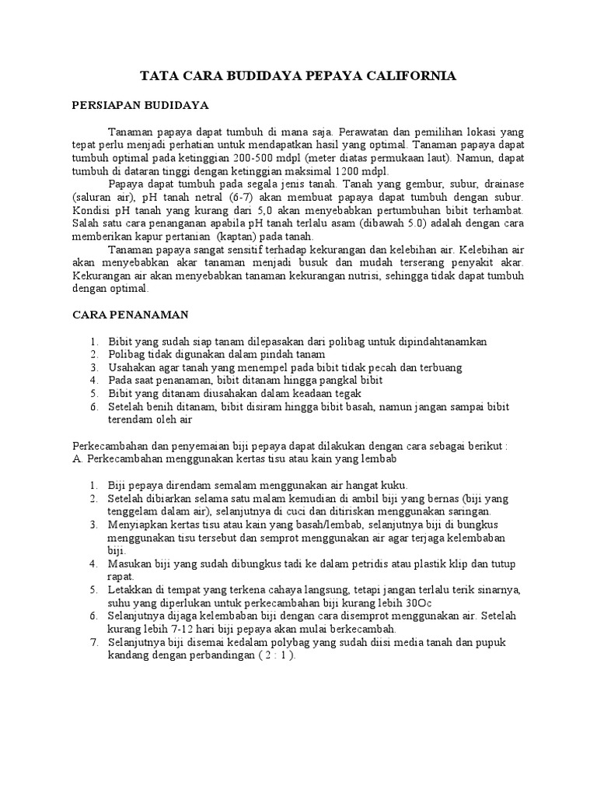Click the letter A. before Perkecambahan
(77, 459)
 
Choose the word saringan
(466, 511)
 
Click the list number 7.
(93, 642)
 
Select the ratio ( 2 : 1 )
(273, 655)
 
